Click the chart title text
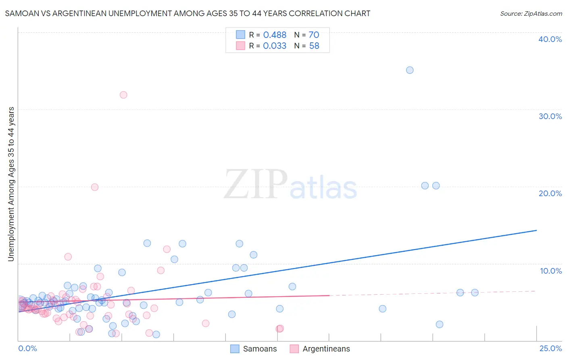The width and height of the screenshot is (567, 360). click(x=188, y=13)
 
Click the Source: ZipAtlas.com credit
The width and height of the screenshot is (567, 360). click(x=531, y=13)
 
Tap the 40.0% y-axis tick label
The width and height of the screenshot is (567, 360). click(x=550, y=39)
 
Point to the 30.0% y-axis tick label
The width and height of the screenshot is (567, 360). click(x=550, y=116)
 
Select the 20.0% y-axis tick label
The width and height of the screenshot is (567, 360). click(x=550, y=193)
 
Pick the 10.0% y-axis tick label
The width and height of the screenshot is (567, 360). click(x=551, y=271)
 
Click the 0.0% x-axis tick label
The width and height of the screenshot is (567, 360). click(x=27, y=348)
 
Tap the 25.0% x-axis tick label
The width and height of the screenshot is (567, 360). click(x=550, y=348)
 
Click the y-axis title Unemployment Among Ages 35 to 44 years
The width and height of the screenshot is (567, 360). click(x=11, y=184)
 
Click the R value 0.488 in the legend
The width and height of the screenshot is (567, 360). click(x=275, y=35)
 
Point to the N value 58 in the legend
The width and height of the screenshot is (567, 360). click(x=314, y=46)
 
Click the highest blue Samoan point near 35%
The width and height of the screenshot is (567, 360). click(x=410, y=70)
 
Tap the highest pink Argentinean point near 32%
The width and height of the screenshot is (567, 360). click(x=123, y=95)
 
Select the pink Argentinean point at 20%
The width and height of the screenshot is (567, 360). click(x=95, y=187)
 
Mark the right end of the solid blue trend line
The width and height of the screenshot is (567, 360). click(x=536, y=230)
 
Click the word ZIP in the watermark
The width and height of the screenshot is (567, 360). click(x=255, y=185)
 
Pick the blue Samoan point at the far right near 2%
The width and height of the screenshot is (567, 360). click(x=440, y=324)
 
